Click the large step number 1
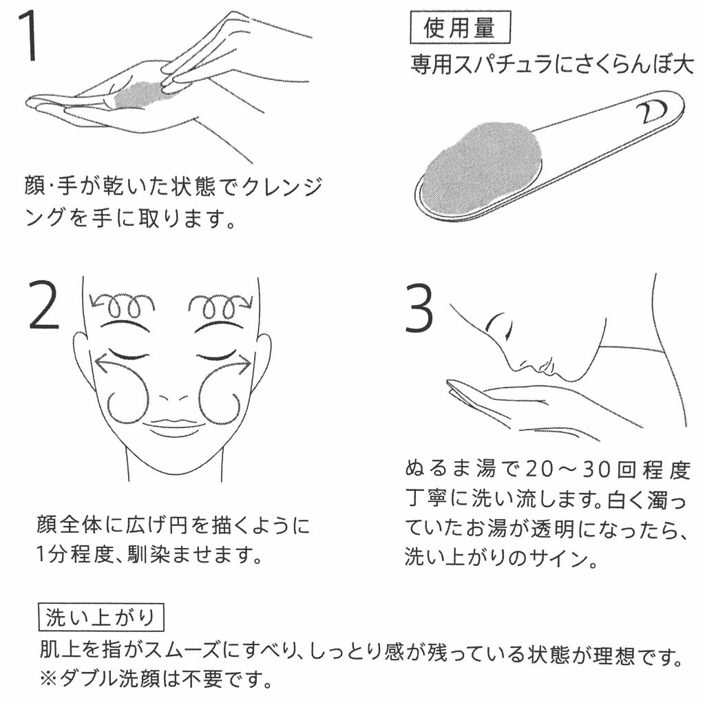(29, 37)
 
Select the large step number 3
(419, 309)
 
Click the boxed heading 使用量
(460, 28)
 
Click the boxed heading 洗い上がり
(101, 618)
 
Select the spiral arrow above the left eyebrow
(121, 306)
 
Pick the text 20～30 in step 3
(568, 470)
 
